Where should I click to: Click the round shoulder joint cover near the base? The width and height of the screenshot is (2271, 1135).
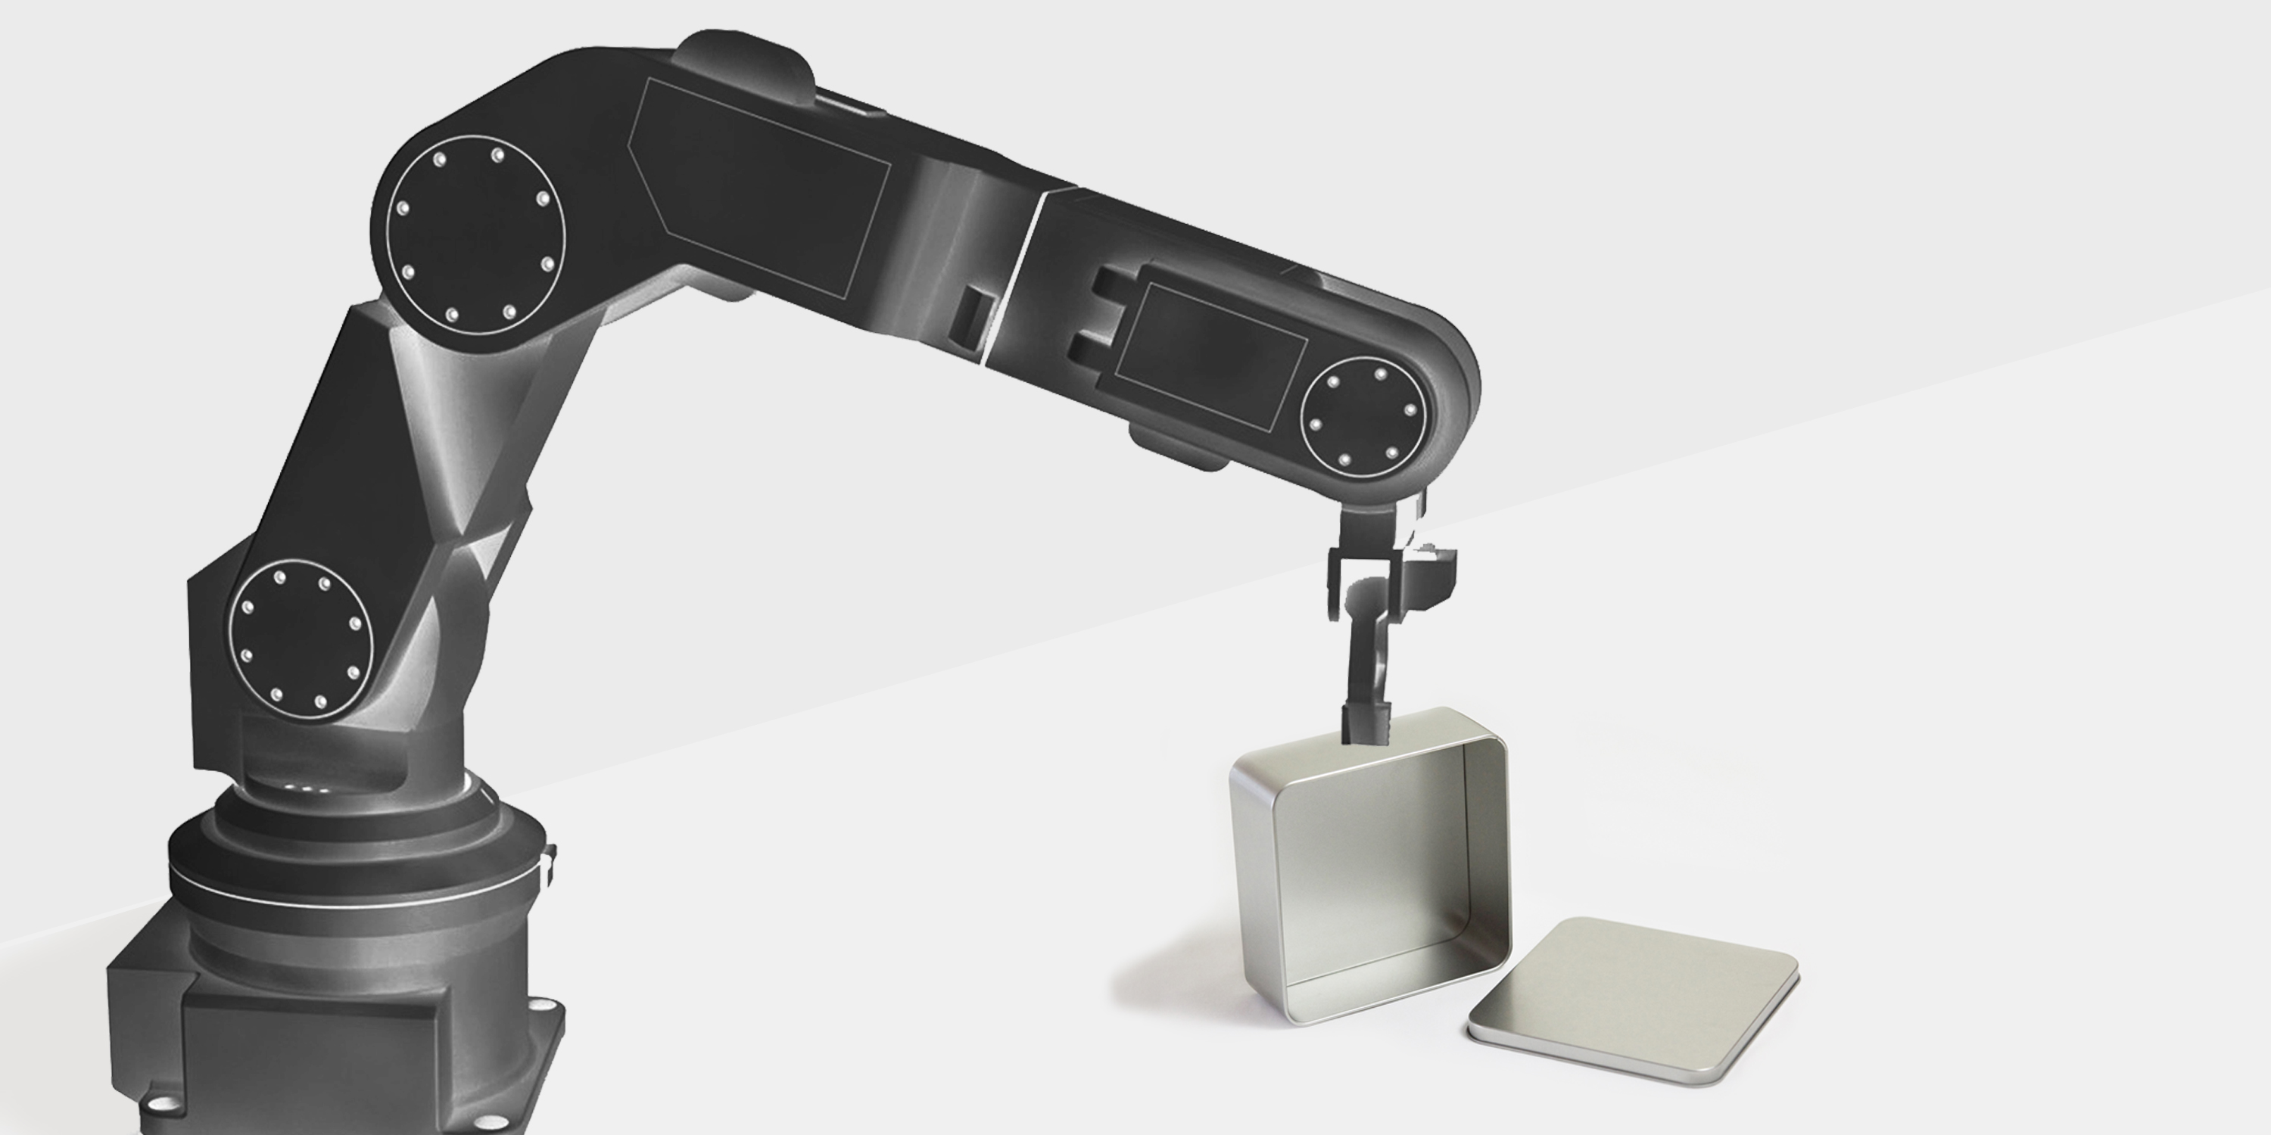pyautogui.click(x=301, y=638)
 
